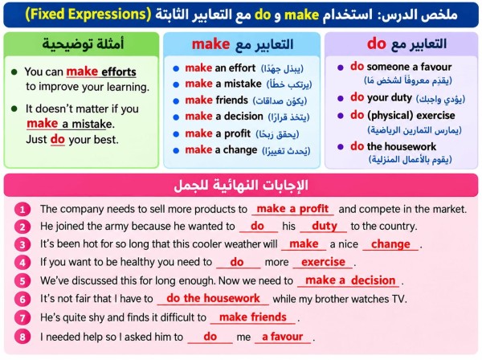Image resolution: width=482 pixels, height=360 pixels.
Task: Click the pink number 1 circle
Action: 22,210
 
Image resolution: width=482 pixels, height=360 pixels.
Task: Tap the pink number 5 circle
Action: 22,281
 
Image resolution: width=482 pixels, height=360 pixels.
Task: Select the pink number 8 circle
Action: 22,337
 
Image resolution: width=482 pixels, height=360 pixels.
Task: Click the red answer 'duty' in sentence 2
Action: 325,227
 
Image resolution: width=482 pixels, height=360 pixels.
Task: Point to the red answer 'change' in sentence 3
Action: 390,244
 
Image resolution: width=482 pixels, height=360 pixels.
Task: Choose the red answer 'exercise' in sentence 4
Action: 323,262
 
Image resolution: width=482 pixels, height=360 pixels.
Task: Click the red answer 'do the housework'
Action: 213,298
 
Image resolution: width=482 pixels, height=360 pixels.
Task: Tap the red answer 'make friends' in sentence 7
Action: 253,317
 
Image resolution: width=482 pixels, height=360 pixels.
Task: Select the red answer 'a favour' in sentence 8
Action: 282,337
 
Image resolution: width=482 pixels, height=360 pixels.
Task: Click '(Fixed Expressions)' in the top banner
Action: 88,14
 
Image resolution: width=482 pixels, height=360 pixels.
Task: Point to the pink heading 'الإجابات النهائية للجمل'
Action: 241,186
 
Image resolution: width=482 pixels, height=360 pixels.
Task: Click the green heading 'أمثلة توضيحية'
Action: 83,44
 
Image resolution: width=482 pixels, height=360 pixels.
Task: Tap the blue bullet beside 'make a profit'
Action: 176,134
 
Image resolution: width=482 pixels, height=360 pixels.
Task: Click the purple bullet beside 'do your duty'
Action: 341,98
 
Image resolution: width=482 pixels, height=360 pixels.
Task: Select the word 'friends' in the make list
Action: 232,100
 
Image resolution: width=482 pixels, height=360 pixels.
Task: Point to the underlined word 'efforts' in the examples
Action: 119,72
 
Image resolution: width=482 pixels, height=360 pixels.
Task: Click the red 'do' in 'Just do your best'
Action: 58,139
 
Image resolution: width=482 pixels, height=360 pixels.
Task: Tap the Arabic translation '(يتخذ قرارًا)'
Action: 288,117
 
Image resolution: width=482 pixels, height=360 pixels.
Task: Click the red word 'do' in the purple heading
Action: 376,43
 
